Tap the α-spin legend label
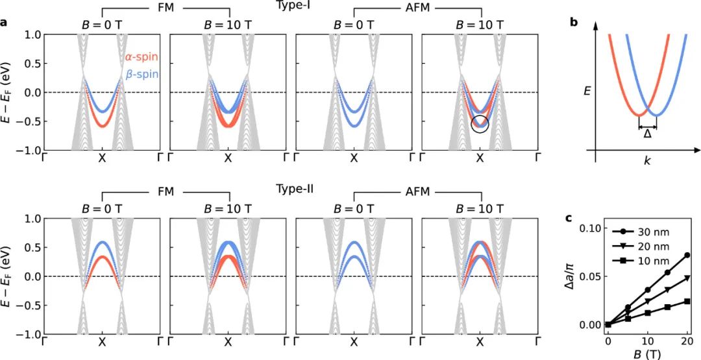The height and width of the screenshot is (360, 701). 141,58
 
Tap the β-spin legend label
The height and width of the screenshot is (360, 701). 141,75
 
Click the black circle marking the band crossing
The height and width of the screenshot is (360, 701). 480,124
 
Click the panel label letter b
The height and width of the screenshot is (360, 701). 574,22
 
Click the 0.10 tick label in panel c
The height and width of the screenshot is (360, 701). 586,228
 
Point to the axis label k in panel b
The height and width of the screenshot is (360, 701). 647,160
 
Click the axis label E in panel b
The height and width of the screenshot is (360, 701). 587,92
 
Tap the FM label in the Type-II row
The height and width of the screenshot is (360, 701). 165,193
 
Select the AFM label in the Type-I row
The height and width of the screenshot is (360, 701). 417,9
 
